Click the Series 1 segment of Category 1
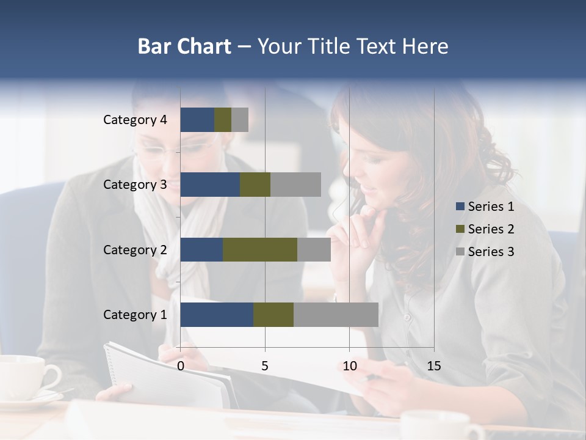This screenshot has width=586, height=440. [x=217, y=315]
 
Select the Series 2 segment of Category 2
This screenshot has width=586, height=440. [x=260, y=249]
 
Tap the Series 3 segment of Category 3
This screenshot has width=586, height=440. [x=295, y=185]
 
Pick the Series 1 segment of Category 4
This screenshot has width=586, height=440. [x=197, y=120]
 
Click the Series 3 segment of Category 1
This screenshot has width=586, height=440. [x=336, y=315]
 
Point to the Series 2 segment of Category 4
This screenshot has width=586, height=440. [x=223, y=120]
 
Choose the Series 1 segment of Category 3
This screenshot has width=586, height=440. [x=210, y=185]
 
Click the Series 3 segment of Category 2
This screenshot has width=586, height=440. [x=314, y=249]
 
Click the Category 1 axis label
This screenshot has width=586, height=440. [x=135, y=315]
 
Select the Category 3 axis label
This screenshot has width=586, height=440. [x=135, y=185]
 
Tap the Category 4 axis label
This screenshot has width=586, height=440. [x=135, y=120]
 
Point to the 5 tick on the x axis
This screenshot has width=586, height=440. [x=265, y=366]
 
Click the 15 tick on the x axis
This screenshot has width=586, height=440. [x=433, y=366]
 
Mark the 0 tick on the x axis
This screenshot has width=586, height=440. [x=181, y=366]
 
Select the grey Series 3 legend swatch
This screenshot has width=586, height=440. [x=460, y=252]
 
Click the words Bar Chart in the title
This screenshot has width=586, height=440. [x=184, y=46]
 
